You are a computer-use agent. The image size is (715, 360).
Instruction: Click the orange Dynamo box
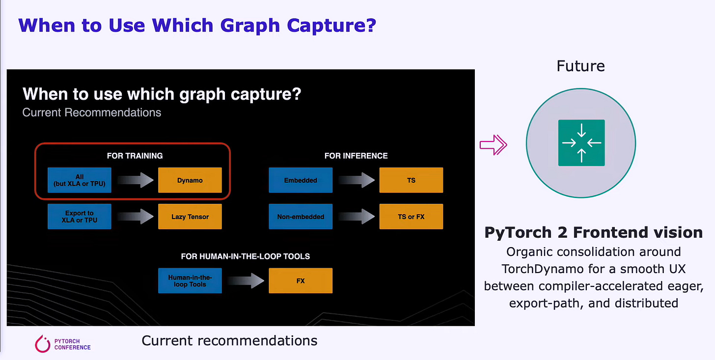190,180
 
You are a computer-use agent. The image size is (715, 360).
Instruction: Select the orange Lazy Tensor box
190,217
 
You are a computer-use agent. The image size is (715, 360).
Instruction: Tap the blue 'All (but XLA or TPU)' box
80,180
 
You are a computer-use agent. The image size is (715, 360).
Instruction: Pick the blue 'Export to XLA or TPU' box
80,217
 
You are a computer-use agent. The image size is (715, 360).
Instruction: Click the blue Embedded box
301,180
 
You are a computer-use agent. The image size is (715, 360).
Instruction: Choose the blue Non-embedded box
301,217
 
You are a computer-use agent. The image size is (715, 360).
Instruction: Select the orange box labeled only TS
411,180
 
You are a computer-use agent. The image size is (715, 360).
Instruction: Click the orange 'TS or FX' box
411,217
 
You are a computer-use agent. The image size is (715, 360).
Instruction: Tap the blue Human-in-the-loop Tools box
190,281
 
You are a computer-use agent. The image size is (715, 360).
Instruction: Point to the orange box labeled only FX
301,281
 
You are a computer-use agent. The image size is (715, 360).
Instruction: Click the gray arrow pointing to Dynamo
135,180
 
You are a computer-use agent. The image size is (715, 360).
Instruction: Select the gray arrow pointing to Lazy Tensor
135,217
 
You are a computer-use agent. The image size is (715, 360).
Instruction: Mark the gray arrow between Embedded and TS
356,180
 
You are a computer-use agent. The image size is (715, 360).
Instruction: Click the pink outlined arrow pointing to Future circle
493,144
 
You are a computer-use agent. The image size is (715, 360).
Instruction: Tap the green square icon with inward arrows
581,143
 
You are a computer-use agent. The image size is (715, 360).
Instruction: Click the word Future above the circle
580,66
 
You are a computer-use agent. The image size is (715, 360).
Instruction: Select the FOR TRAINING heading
135,156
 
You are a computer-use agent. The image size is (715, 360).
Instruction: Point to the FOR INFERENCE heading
356,156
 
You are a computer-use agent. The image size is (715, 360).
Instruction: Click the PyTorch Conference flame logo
43,344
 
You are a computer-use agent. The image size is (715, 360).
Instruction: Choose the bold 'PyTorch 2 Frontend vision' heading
593,232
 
